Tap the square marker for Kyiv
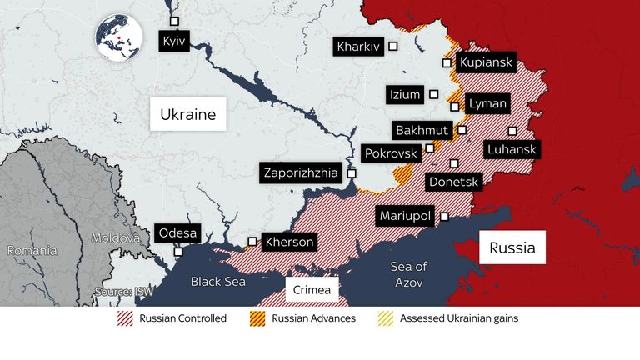pos(173,21)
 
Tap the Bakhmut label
pos(422,131)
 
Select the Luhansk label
pos(512,150)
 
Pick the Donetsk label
pos(452,181)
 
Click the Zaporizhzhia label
pos(301,173)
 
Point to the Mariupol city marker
pos(444,216)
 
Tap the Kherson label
pos(289,242)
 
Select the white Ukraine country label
pos(188,114)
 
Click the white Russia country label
pos(512,247)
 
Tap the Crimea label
pos(312,290)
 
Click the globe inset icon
pos(118,37)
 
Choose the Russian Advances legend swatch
pos(257,318)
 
